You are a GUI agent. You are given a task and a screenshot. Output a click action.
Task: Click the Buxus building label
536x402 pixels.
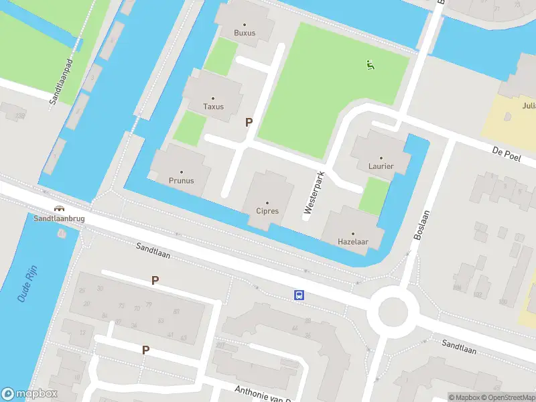[x=245, y=33]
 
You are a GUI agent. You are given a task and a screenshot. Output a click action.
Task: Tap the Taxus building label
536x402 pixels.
[x=213, y=107]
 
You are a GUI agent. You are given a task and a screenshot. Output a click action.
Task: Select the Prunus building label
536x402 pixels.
[x=181, y=180]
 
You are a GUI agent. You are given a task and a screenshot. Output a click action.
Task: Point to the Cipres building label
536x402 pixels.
[x=267, y=211]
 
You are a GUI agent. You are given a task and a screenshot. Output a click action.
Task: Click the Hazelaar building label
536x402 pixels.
[x=354, y=241]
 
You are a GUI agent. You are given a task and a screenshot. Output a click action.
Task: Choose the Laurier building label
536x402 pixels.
[x=381, y=166]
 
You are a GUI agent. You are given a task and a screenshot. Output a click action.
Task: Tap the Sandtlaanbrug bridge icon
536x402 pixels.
[x=60, y=208]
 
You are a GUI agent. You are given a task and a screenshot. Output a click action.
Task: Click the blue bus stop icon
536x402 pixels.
[x=299, y=295]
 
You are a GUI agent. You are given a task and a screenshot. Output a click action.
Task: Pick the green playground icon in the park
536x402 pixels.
[x=370, y=65]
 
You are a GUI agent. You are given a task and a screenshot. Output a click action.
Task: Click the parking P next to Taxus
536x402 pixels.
[x=249, y=122]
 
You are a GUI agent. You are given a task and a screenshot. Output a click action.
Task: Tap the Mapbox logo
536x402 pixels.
[x=29, y=394]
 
